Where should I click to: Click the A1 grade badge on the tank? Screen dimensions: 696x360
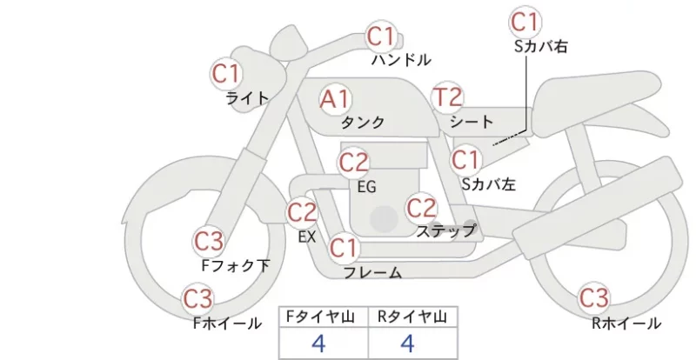(335, 99)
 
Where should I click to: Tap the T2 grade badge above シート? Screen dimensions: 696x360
(447, 97)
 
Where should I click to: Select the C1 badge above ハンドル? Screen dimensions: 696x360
(381, 37)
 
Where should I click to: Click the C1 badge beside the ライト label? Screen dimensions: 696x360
(226, 74)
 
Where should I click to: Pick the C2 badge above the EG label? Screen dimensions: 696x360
(353, 163)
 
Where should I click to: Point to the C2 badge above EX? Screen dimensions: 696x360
(302, 212)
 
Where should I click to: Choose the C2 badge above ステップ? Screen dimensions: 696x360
(421, 208)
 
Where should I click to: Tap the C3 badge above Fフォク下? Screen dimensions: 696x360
(208, 242)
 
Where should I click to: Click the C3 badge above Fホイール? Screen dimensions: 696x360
(198, 299)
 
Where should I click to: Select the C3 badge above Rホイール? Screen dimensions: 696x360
(593, 298)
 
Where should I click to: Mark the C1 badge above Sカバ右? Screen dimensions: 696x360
(525, 23)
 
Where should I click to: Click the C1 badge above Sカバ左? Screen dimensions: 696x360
(465, 160)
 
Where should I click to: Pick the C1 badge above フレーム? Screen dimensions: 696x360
(343, 248)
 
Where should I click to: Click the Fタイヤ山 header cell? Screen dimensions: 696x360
(324, 317)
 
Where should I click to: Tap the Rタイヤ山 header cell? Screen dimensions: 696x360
(413, 317)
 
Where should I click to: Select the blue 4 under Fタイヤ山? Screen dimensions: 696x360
(318, 343)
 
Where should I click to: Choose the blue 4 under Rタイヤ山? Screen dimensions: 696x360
(407, 343)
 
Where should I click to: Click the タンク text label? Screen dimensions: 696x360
(363, 123)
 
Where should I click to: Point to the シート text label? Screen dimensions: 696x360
(472, 121)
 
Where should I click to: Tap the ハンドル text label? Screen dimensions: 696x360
(401, 59)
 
